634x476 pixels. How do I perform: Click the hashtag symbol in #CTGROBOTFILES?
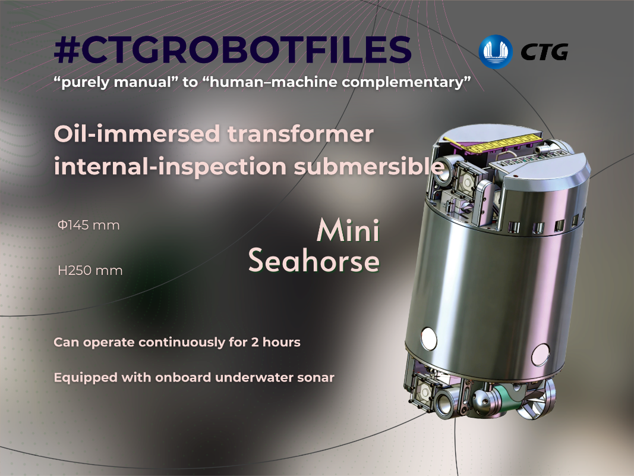pyautogui.click(x=66, y=49)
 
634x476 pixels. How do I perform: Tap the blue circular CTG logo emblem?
pyautogui.click(x=496, y=51)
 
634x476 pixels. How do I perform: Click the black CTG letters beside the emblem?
pyautogui.click(x=545, y=52)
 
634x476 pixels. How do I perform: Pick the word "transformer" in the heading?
pyautogui.click(x=301, y=135)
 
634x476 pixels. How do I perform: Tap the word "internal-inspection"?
pyautogui.click(x=170, y=167)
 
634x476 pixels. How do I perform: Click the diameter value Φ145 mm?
pyautogui.click(x=89, y=225)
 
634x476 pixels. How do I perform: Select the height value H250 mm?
pyautogui.click(x=90, y=270)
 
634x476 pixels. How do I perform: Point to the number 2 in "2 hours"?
pyautogui.click(x=255, y=343)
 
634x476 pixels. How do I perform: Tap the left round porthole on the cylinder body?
pyautogui.click(x=428, y=339)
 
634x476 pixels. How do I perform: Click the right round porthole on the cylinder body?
pyautogui.click(x=541, y=355)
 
